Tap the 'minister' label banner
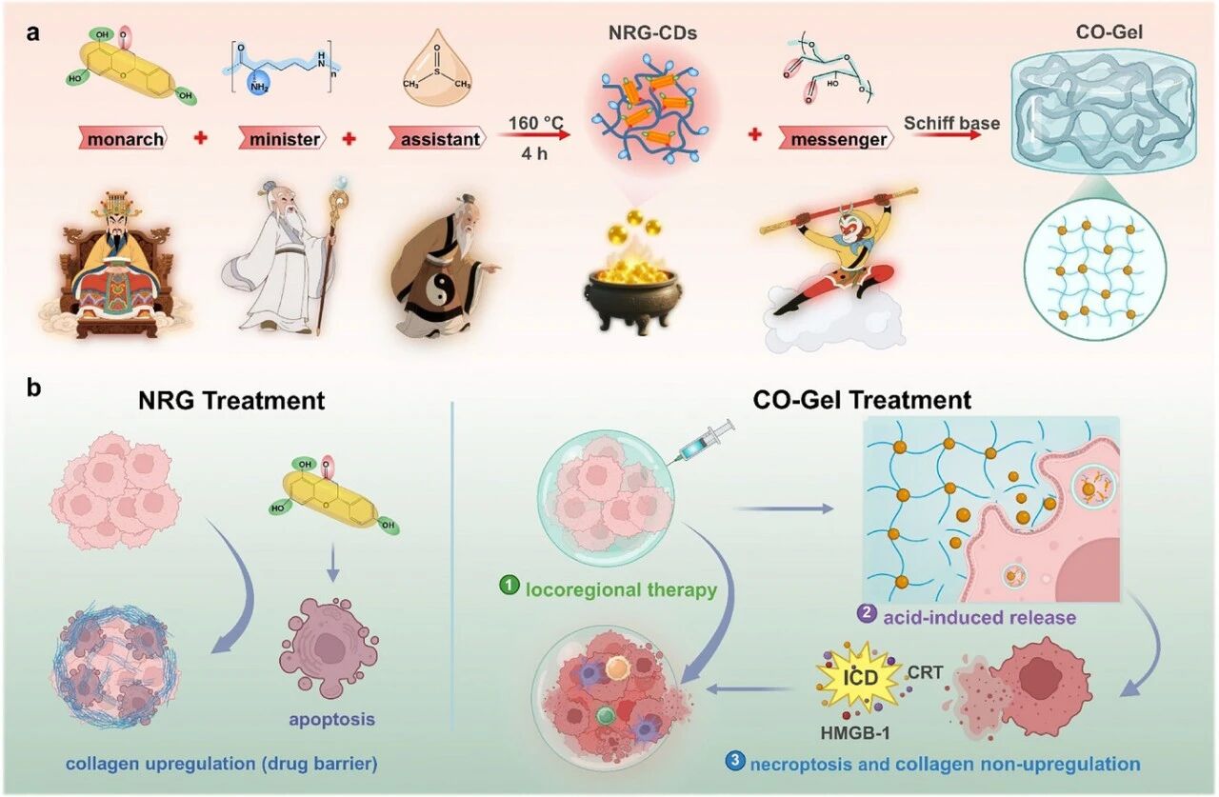point(285,140)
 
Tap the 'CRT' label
point(926,673)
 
